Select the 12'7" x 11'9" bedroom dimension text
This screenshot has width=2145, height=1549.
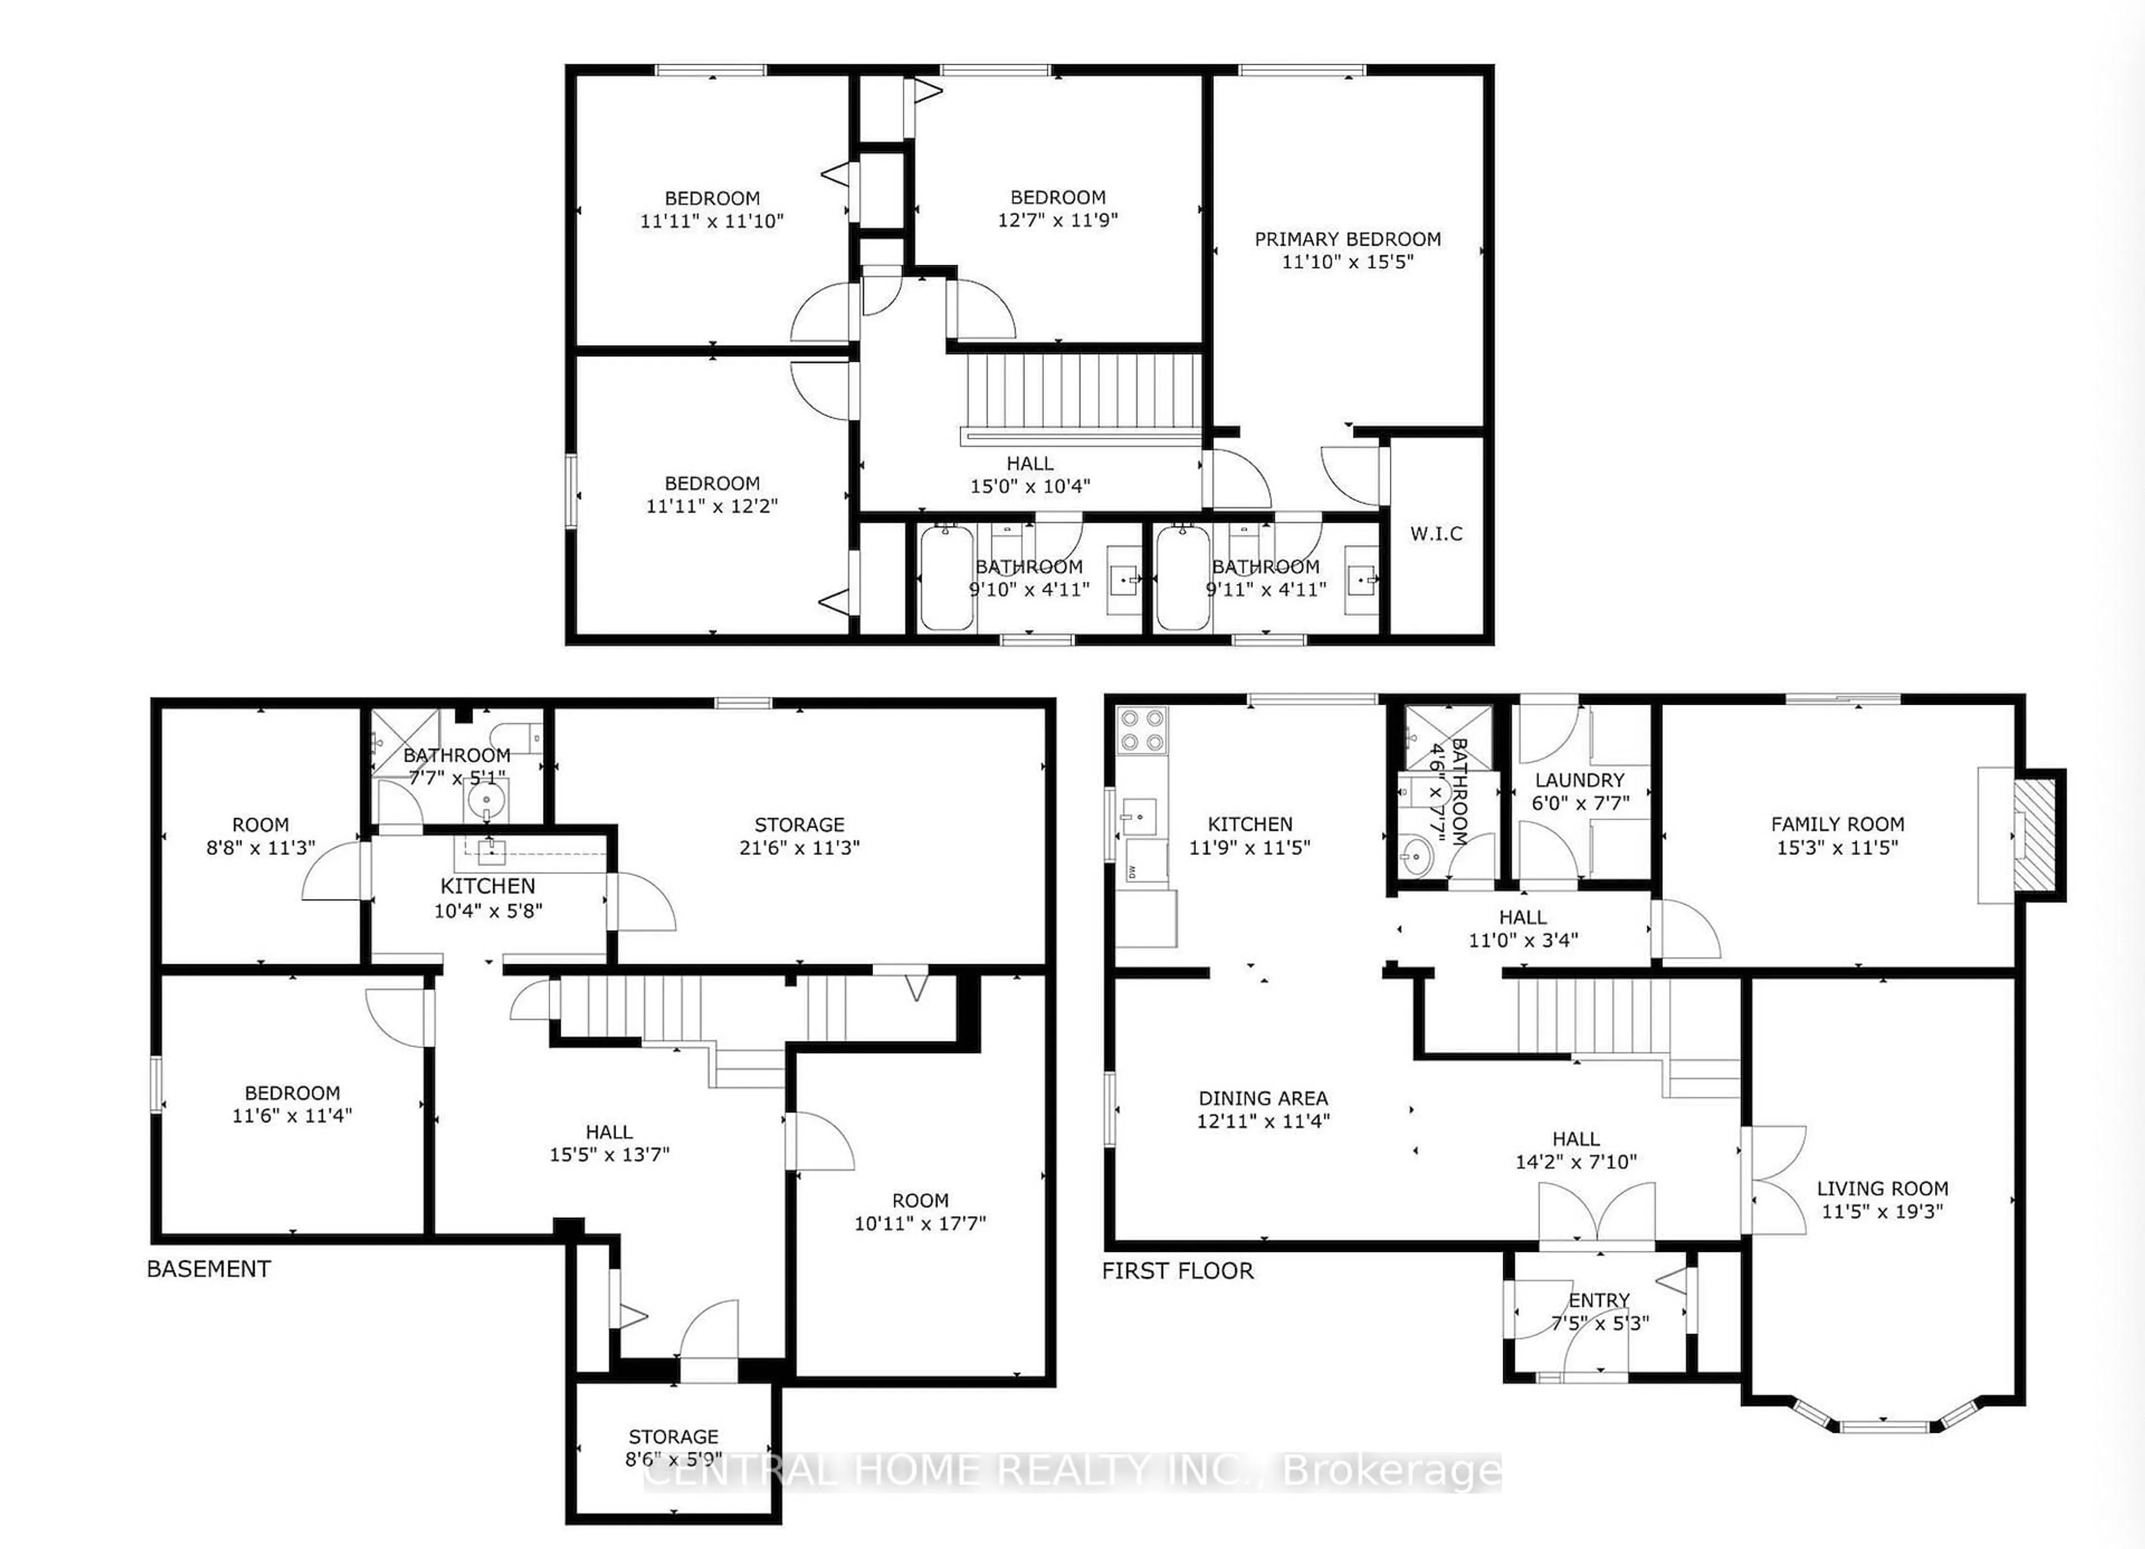pyautogui.click(x=1057, y=219)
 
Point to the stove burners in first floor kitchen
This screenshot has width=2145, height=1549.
pyautogui.click(x=1142, y=729)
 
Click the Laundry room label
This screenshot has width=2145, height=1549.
pyautogui.click(x=1580, y=780)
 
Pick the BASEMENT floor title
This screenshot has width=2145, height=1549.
pyautogui.click(x=209, y=1269)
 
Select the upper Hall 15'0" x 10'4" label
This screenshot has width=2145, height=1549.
pyautogui.click(x=1030, y=475)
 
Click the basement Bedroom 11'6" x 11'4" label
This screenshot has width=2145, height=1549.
pyautogui.click(x=292, y=1103)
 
